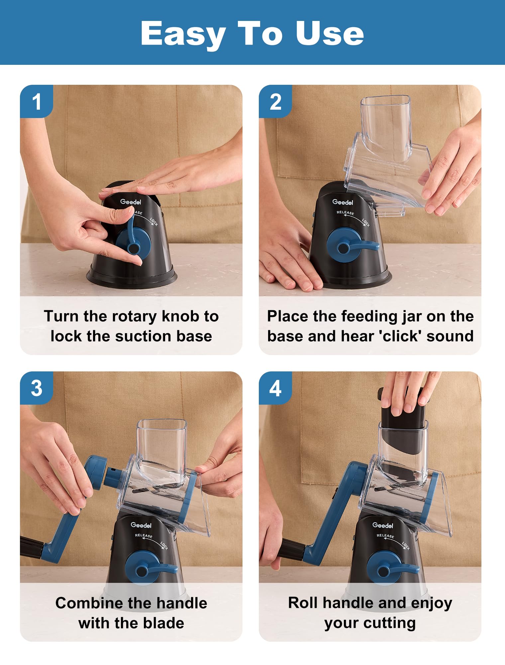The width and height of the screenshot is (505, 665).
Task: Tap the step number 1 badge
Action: [37, 101]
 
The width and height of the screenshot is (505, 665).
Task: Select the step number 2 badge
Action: [275, 101]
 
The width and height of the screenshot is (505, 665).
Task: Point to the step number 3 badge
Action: [37, 388]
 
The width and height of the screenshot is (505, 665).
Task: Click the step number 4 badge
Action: [275, 388]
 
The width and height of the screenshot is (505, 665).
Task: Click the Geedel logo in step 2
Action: [343, 202]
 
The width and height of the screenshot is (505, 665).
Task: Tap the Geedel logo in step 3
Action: [141, 525]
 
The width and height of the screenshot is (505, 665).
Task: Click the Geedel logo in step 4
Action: [383, 525]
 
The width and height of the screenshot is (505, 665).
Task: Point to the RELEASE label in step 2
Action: [345, 212]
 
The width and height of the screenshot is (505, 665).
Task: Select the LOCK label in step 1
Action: [154, 222]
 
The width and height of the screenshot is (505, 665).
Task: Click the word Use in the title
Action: [330, 34]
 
